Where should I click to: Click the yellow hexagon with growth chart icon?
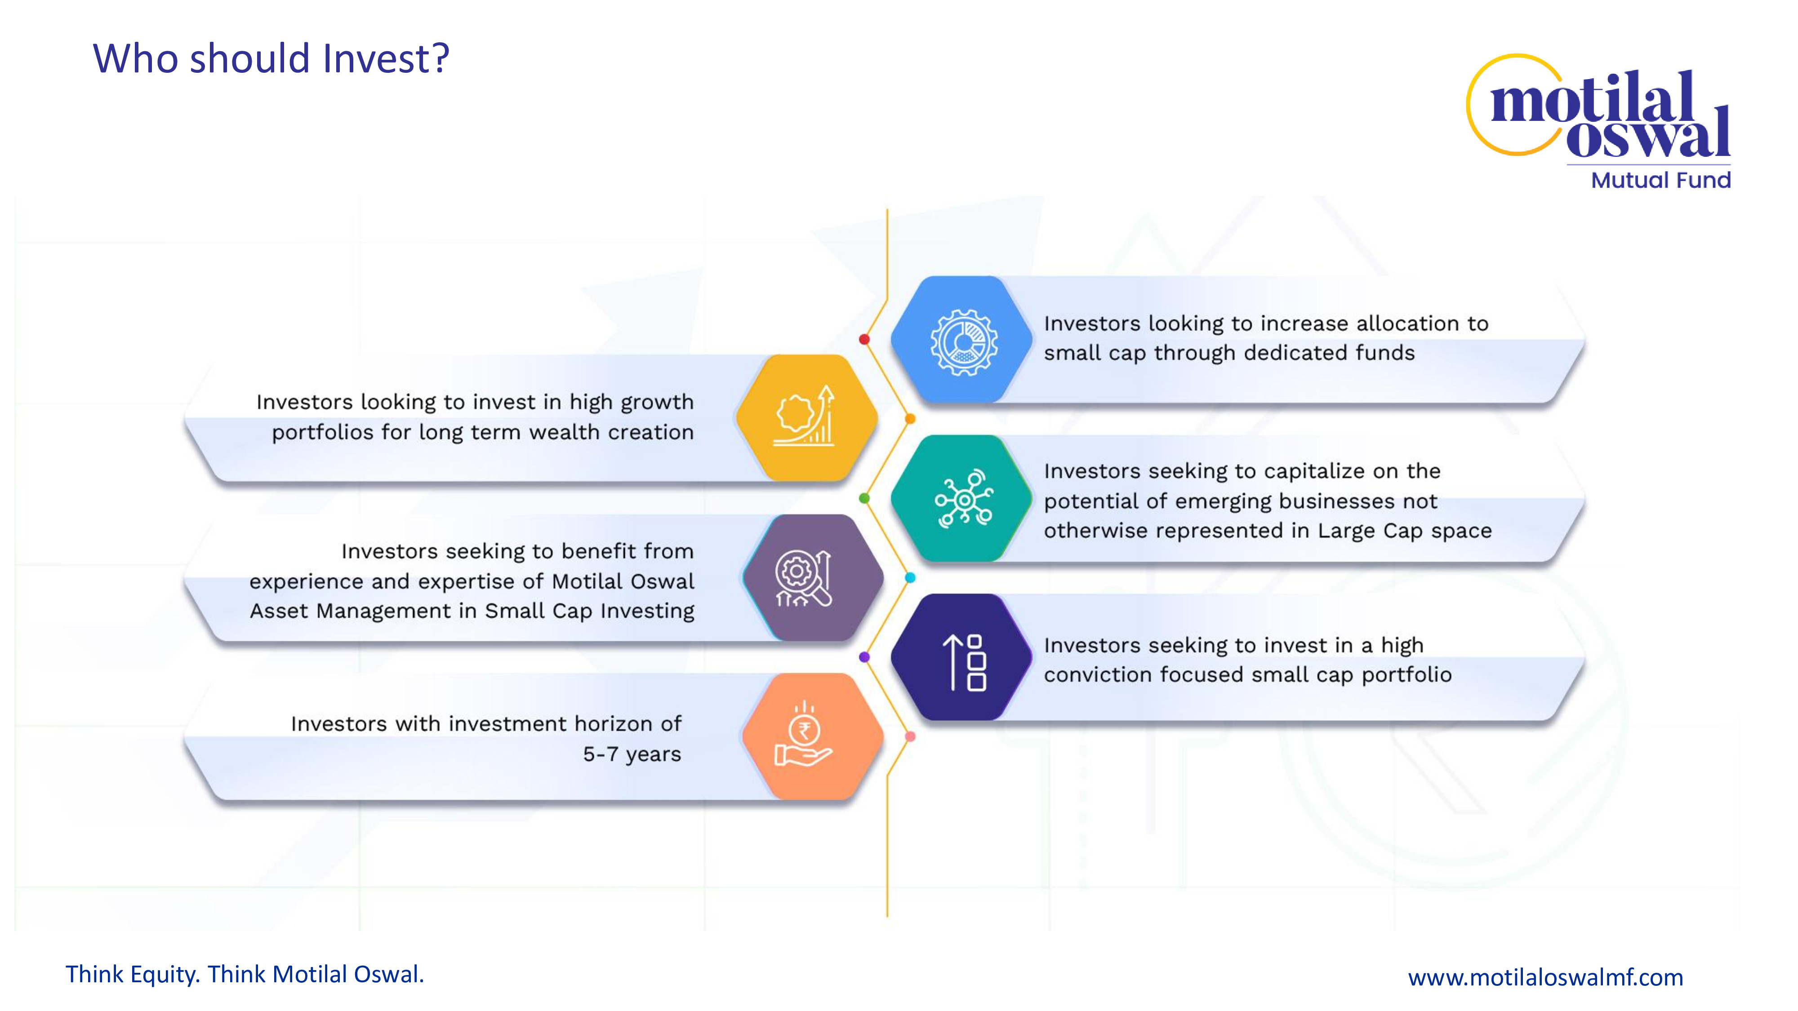coord(807,417)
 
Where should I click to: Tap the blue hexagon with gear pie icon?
coord(962,340)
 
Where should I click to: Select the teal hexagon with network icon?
coord(962,498)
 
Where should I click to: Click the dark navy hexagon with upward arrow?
coord(962,657)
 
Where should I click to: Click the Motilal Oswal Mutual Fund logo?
coord(1598,121)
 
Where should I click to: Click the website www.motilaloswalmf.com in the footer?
coord(1545,977)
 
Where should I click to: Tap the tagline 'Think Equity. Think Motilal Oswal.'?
coord(245,974)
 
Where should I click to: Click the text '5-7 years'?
coord(632,754)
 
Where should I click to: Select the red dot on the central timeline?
coord(864,339)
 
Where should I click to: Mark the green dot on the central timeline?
coord(864,498)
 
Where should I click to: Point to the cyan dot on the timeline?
coord(910,578)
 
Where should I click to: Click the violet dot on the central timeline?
coord(864,657)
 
